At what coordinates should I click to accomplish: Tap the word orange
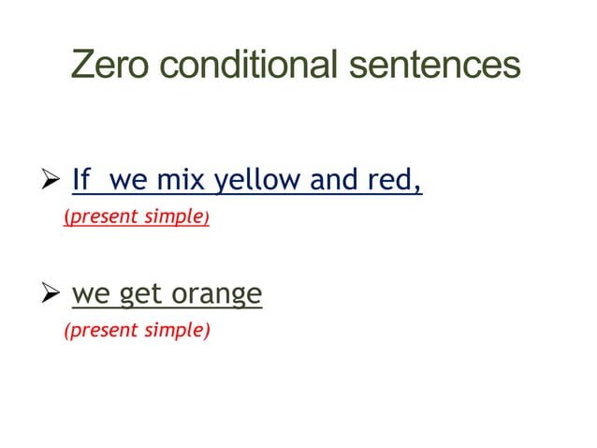215,296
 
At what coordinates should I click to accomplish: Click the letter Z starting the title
81,66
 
